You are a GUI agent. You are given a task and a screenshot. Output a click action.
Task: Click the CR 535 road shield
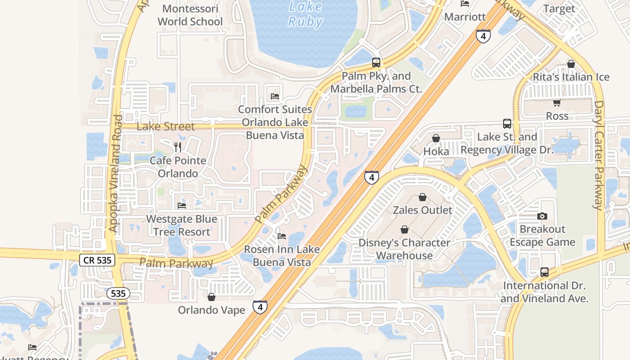point(97,260)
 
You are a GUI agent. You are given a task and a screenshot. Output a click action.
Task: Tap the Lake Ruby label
point(305,14)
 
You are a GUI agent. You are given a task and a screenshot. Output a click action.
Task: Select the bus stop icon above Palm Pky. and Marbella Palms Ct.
point(376,63)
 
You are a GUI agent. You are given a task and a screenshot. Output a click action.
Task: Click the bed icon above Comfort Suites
point(275,96)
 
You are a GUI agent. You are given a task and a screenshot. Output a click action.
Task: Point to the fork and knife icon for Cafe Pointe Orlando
point(178,147)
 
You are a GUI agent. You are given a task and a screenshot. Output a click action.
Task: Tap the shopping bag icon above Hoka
point(436,138)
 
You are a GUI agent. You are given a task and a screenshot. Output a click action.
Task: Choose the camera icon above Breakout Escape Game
point(542,216)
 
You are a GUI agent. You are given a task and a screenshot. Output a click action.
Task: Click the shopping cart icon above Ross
point(557,103)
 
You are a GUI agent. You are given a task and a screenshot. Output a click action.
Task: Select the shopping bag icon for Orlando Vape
point(211,297)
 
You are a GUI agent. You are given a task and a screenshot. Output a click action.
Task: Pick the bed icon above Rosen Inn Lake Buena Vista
point(282,236)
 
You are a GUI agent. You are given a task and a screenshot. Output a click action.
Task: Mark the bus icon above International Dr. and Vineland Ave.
point(544,272)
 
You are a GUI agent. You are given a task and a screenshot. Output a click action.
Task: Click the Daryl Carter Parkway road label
point(598,155)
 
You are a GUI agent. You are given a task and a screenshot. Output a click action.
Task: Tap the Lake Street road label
point(166,126)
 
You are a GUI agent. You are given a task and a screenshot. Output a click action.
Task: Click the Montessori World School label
point(190,15)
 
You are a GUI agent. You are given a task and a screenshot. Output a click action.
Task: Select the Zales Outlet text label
point(423,210)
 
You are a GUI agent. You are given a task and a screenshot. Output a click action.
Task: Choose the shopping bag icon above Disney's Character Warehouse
point(405,229)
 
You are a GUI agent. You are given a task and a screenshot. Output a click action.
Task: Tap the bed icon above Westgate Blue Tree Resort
point(182,206)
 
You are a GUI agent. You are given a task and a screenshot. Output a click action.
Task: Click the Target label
point(559,9)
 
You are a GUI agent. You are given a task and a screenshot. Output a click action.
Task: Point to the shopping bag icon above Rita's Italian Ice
point(571,64)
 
